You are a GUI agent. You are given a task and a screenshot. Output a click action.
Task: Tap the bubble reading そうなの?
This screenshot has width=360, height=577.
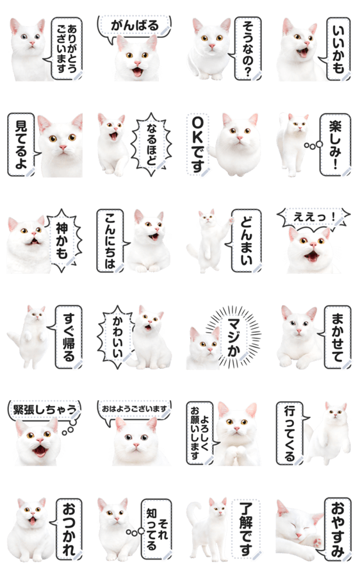(247, 48)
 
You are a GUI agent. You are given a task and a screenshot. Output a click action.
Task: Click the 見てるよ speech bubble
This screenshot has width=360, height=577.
(21, 145)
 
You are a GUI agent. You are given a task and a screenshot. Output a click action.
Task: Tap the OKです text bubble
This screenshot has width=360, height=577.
(198, 145)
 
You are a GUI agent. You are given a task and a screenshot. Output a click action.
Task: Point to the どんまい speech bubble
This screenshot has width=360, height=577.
(245, 241)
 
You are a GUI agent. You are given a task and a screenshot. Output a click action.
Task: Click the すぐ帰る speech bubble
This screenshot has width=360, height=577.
(67, 337)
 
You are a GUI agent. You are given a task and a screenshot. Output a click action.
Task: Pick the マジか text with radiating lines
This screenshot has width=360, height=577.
(233, 337)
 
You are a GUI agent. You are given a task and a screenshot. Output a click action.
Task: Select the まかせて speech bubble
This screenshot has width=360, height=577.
(336, 337)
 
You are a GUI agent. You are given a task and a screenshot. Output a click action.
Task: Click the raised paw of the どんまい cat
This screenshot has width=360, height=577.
(231, 220)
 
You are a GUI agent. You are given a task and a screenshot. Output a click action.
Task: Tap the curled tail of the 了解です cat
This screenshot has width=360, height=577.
(194, 514)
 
